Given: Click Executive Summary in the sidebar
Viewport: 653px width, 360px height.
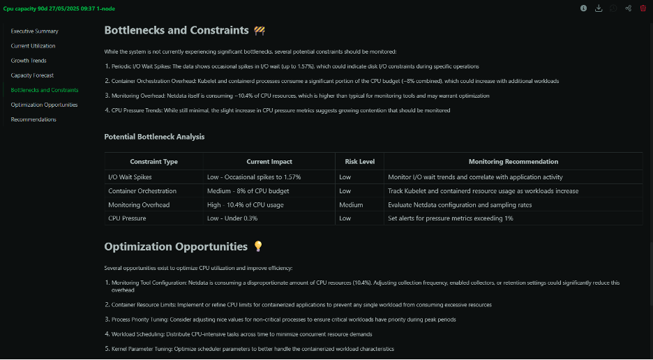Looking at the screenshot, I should (34, 31).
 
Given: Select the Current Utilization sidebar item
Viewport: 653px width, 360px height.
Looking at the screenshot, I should (33, 46).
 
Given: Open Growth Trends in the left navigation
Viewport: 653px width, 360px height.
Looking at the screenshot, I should (29, 61).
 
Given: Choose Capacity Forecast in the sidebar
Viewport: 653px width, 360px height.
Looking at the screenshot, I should (32, 75).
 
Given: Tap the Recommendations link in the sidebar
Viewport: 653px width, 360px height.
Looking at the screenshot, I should (33, 119).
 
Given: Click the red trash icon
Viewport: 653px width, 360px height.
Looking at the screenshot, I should (643, 8).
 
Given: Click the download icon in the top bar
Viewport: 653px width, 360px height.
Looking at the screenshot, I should (599, 8).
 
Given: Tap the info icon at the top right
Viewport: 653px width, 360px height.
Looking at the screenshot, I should (584, 8).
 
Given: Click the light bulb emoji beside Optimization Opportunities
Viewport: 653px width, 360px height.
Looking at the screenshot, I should (258, 246).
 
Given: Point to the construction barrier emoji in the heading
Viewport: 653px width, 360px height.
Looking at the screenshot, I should (260, 31).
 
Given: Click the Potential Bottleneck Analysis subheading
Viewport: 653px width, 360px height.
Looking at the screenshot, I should (154, 137).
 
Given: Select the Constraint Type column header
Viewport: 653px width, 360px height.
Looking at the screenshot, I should (153, 162).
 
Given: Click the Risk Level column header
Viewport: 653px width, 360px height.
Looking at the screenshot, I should (359, 162).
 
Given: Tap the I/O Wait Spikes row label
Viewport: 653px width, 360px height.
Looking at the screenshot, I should (130, 177).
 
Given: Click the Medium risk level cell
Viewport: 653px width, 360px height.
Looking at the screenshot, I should (351, 205).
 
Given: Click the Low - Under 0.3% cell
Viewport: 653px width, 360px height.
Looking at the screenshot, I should (232, 218).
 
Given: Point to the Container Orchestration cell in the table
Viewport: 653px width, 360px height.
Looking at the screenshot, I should (142, 191).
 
